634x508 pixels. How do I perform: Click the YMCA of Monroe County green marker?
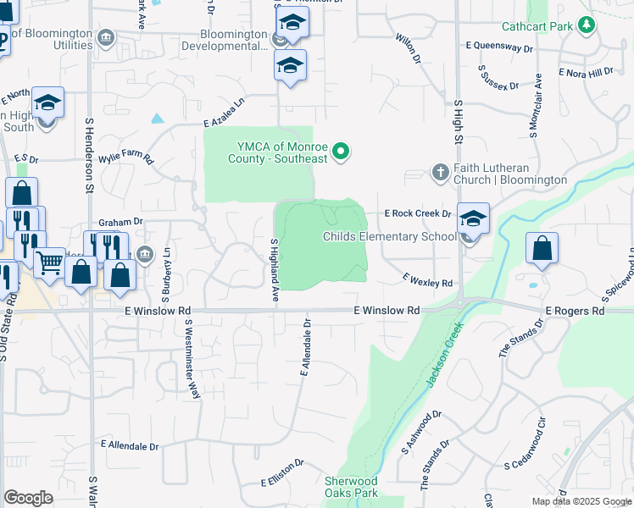point(341,152)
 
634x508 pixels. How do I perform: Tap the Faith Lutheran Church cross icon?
point(440,172)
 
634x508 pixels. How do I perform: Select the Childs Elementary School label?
point(389,236)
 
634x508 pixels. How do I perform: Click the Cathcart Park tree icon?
point(584,26)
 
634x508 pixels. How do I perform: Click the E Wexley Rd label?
point(428,279)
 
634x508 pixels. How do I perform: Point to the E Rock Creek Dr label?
point(417,214)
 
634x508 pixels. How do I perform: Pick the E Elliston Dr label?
point(282,472)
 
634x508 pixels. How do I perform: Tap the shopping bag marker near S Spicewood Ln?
point(542,249)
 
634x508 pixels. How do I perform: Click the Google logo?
point(28,498)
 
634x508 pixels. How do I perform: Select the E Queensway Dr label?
point(499,49)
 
